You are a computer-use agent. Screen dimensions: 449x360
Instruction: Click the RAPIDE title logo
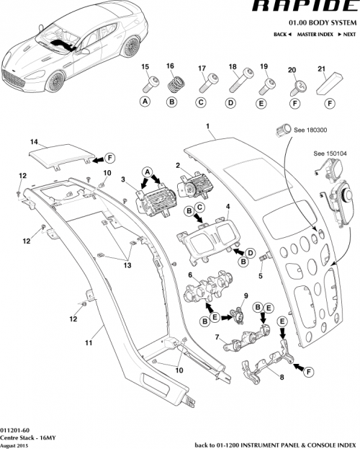[x=306, y=7]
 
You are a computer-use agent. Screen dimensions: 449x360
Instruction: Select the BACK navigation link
[x=283, y=35]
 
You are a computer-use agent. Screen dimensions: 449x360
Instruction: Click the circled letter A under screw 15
[x=145, y=102]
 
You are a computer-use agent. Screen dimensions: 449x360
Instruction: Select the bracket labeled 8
[x=266, y=366]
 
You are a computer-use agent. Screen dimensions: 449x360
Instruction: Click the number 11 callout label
[x=86, y=343]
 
